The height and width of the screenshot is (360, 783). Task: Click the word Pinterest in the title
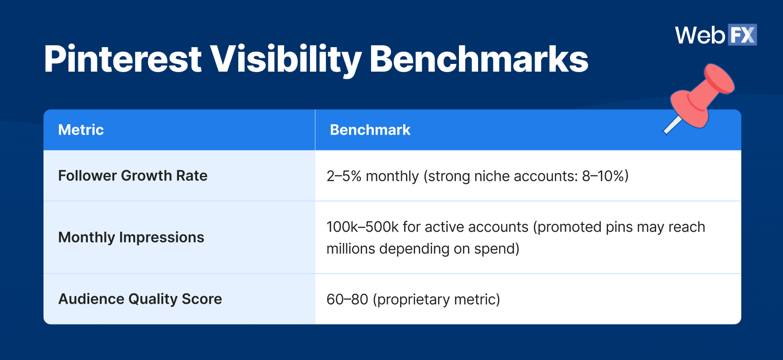pyautogui.click(x=122, y=59)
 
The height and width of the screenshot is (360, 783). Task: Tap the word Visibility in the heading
pyautogui.click(x=285, y=59)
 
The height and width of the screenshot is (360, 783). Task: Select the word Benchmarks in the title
pyautogui.click(x=478, y=59)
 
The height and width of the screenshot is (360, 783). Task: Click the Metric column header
pyautogui.click(x=81, y=130)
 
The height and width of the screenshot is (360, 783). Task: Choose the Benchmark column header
pyautogui.click(x=370, y=130)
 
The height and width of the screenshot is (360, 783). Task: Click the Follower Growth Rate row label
pyautogui.click(x=133, y=175)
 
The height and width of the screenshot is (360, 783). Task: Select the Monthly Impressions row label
pyautogui.click(x=131, y=237)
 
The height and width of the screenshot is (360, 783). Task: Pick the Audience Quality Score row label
pyautogui.click(x=140, y=299)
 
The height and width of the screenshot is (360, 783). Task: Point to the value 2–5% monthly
pyautogui.click(x=372, y=176)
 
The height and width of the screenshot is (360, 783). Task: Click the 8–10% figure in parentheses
pyautogui.click(x=603, y=176)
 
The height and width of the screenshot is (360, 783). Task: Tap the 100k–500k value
pyautogui.click(x=362, y=227)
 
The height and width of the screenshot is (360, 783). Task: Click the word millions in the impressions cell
pyautogui.click(x=350, y=249)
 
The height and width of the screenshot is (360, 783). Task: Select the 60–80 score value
pyautogui.click(x=347, y=299)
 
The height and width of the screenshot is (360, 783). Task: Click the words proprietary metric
pyautogui.click(x=436, y=299)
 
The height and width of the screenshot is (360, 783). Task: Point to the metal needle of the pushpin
pyautogui.click(x=672, y=126)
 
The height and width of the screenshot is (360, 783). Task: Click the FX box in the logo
pyautogui.click(x=742, y=35)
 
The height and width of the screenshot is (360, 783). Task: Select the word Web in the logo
pyautogui.click(x=700, y=35)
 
